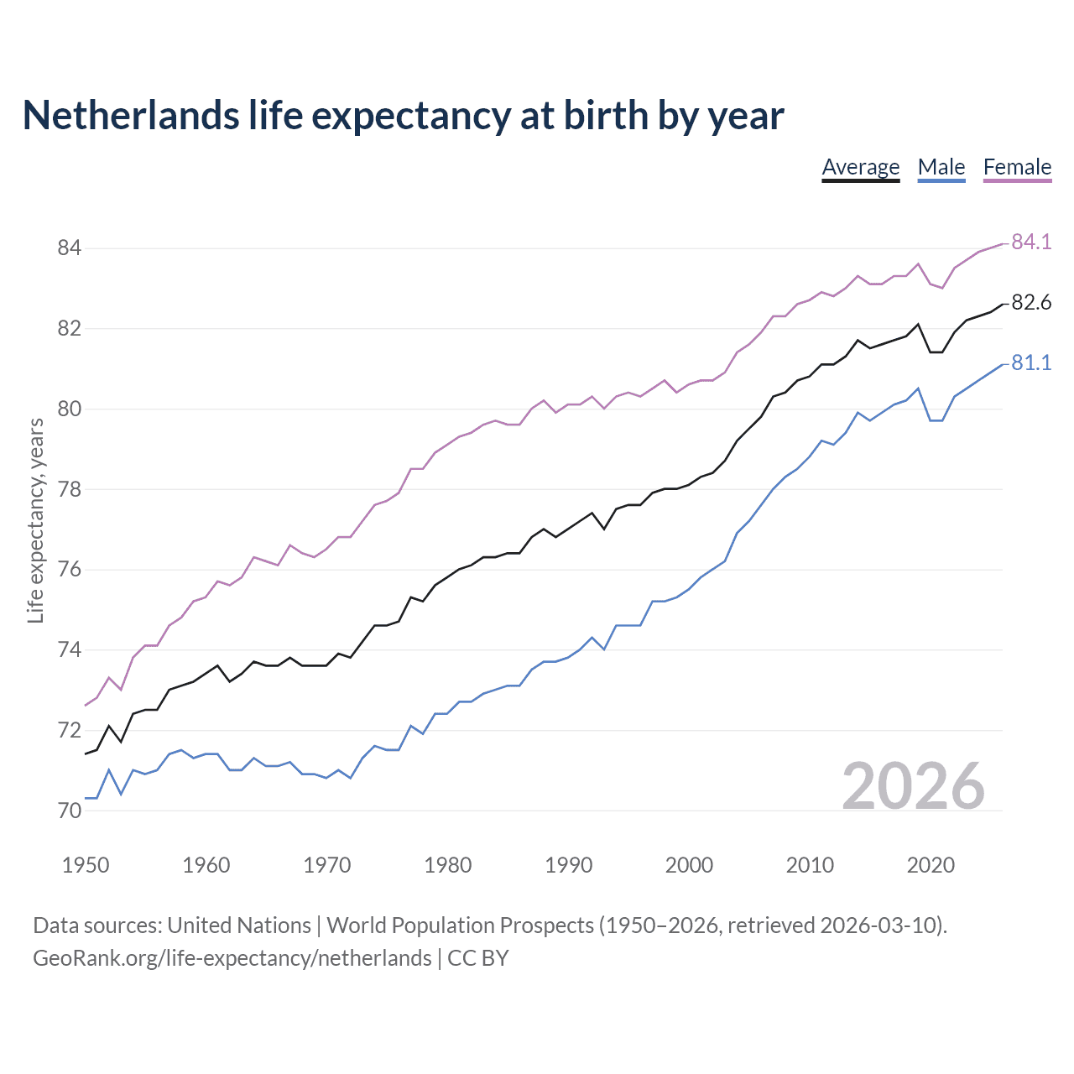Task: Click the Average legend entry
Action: (860, 167)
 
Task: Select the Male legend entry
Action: (941, 167)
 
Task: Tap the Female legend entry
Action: (1017, 167)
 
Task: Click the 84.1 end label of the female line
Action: (1031, 242)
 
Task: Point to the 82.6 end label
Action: (1031, 302)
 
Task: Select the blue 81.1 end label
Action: (1031, 362)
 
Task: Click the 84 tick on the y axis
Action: (69, 248)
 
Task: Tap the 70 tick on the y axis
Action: (69, 811)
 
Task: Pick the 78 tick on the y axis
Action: (69, 488)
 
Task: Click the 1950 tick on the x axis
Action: (86, 865)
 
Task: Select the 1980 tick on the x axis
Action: (447, 865)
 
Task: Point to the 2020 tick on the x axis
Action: (931, 865)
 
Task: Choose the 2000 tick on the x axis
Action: (689, 865)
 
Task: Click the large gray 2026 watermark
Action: (913, 786)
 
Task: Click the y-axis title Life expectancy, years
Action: (35, 521)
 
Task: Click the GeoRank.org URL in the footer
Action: (232, 957)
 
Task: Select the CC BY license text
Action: (478, 957)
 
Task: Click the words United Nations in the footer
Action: (239, 925)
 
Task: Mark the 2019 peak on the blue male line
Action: (918, 388)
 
